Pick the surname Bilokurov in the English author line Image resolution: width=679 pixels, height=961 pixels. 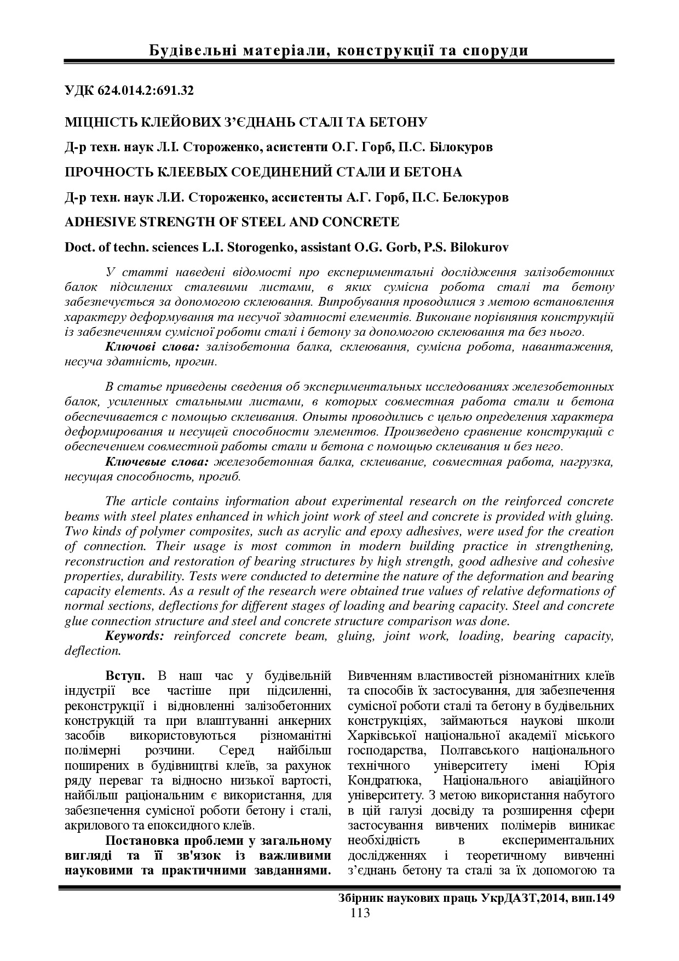coord(479,247)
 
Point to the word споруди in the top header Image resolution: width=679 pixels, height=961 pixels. coord(496,51)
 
